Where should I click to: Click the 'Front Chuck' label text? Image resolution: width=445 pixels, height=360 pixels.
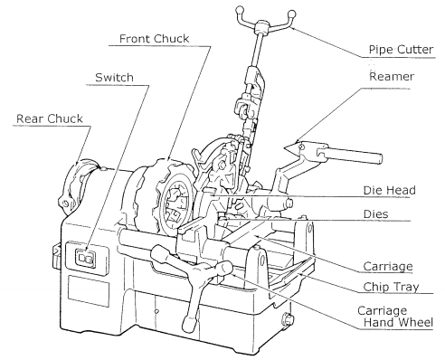click(x=154, y=39)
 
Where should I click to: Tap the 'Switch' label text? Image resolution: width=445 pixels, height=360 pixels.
click(x=114, y=78)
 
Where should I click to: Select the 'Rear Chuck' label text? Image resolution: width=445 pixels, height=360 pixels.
click(x=50, y=118)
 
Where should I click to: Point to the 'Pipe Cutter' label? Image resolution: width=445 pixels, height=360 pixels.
click(x=401, y=50)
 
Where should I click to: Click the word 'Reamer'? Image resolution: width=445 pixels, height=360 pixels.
click(x=392, y=76)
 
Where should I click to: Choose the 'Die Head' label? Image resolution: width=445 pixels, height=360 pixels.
click(x=390, y=190)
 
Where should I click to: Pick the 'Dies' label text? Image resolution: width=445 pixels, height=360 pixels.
click(x=375, y=214)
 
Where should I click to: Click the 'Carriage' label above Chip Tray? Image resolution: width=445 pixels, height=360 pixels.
click(x=388, y=266)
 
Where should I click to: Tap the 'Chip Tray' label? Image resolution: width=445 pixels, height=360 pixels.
click(x=391, y=287)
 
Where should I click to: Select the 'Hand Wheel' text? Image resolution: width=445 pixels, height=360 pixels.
click(x=398, y=322)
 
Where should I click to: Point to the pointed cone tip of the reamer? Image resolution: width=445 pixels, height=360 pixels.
click(x=285, y=147)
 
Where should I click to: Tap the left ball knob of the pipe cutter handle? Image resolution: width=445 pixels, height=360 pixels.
click(x=240, y=10)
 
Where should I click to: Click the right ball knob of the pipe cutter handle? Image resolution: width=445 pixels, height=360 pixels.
click(x=292, y=14)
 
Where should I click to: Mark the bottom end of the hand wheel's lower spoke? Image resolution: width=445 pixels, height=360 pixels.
click(x=187, y=327)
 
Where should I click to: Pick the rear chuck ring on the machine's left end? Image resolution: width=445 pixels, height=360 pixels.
click(x=74, y=186)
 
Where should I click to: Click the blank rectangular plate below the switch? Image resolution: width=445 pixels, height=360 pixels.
click(x=89, y=291)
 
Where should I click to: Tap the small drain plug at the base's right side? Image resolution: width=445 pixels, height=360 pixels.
click(x=288, y=320)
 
